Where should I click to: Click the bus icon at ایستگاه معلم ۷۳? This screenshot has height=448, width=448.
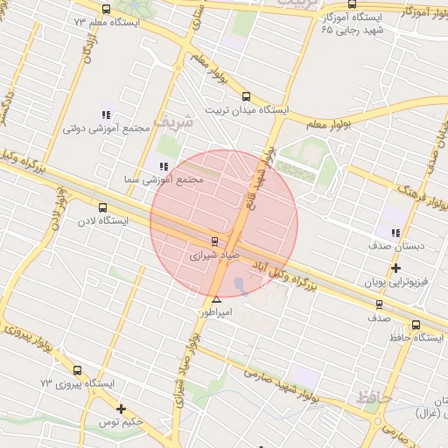click(106, 10)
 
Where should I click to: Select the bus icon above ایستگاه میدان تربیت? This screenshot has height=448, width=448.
click(245, 97)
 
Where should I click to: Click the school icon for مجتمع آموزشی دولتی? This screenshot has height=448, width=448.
click(107, 115)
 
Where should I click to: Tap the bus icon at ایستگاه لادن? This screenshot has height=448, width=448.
click(103, 208)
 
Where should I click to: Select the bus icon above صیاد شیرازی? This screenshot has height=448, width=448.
click(215, 241)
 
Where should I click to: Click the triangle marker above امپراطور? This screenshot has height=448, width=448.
click(216, 299)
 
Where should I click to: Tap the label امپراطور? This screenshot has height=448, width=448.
click(216, 311)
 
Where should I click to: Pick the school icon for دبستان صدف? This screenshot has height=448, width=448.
click(395, 233)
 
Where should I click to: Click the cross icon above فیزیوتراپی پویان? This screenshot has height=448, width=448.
click(395, 268)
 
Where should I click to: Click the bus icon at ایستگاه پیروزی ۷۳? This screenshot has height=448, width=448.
click(78, 371)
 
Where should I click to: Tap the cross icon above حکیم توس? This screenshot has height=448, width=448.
click(121, 409)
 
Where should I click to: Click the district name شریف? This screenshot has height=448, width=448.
click(171, 120)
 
